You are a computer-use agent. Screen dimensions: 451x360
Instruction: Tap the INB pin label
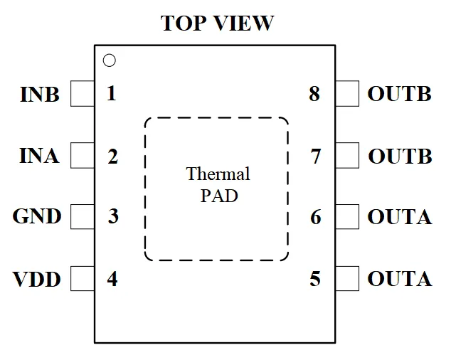click(40, 94)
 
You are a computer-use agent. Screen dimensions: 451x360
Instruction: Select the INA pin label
click(39, 156)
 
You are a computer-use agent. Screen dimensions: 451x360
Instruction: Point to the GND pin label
click(37, 216)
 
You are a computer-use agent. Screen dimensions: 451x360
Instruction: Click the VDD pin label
click(36, 279)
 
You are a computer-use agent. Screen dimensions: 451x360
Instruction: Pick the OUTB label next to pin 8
click(400, 93)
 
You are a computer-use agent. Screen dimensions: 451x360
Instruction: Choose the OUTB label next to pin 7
click(400, 156)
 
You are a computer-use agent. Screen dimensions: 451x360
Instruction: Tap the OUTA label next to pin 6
click(400, 216)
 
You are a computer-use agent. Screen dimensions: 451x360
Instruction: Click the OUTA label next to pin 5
click(400, 279)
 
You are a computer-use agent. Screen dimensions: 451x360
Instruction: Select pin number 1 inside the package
click(112, 93)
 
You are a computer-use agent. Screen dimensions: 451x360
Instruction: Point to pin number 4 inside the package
click(112, 279)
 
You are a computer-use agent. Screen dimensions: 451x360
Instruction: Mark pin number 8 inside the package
click(314, 93)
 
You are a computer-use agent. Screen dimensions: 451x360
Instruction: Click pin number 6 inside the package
click(316, 217)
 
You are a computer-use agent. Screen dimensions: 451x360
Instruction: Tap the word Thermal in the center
click(218, 174)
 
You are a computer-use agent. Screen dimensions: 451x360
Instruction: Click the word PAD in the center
click(219, 196)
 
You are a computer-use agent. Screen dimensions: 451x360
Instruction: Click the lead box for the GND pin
click(83, 217)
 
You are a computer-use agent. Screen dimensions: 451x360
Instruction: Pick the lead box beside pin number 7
click(347, 155)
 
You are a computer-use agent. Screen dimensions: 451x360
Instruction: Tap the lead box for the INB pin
click(83, 93)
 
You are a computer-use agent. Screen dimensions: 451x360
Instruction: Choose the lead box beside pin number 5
click(347, 279)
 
